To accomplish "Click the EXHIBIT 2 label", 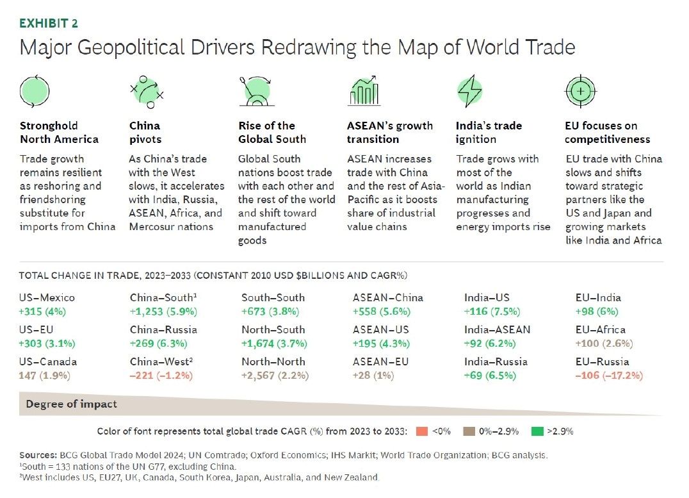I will [x=49, y=24].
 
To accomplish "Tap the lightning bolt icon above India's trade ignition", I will [x=469, y=92].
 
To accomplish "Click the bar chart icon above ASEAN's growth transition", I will [x=364, y=92].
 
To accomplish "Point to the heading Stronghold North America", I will [x=59, y=132].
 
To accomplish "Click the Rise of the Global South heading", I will [x=272, y=132].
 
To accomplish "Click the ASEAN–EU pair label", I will [x=380, y=361].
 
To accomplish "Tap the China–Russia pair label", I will [x=163, y=329].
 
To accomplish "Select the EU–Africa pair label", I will [x=601, y=329].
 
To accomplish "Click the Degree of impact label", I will [x=71, y=404].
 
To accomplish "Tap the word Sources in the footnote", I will [x=36, y=454].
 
